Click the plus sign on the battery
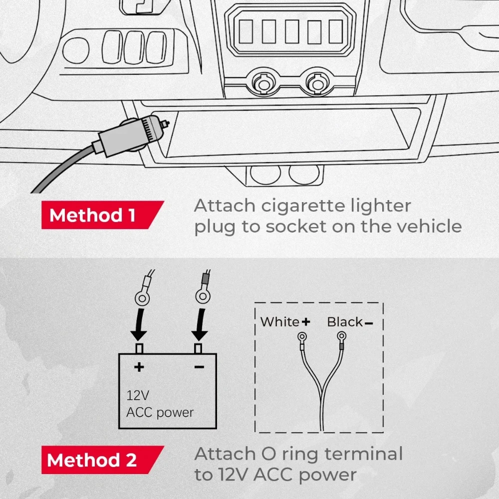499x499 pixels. point(139,368)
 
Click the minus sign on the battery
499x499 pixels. point(199,368)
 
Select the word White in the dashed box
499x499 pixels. point(280,322)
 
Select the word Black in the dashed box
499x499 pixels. point(345,322)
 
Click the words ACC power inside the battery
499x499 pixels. point(160,413)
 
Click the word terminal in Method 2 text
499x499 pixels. point(355,454)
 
